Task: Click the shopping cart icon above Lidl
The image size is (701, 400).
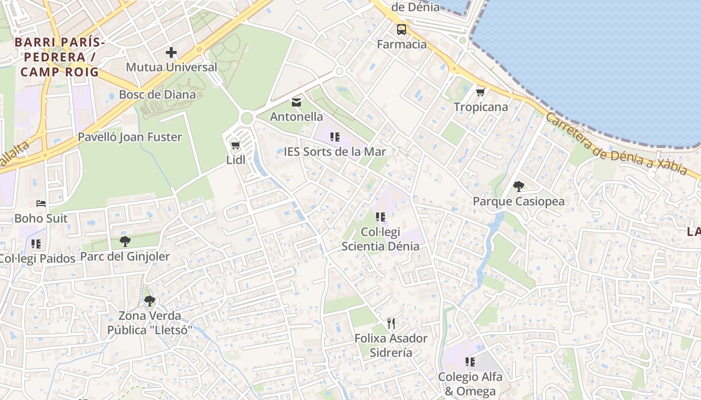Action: click(235, 145)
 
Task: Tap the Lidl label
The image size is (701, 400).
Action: click(235, 160)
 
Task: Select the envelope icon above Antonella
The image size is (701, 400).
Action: click(296, 102)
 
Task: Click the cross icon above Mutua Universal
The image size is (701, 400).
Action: click(171, 52)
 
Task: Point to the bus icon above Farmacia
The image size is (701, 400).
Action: click(402, 29)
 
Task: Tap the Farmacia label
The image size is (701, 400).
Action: click(402, 44)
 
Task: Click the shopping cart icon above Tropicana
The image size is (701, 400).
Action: click(481, 92)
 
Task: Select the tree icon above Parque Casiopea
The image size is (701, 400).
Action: click(519, 186)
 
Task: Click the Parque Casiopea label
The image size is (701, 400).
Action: click(519, 201)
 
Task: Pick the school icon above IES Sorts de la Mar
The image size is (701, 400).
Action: click(335, 136)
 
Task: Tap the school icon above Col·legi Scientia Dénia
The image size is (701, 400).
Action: click(380, 217)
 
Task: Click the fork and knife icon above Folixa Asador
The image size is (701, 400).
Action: click(391, 323)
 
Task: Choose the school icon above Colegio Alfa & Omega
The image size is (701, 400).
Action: click(470, 361)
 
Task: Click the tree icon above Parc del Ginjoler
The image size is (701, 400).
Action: click(125, 242)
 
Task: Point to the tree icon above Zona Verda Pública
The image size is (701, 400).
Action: click(149, 301)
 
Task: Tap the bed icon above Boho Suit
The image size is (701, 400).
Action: click(41, 203)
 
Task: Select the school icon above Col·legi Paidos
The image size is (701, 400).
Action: click(36, 244)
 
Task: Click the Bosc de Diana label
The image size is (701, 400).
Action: click(157, 94)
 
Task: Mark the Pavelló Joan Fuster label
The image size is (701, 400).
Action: click(130, 137)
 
